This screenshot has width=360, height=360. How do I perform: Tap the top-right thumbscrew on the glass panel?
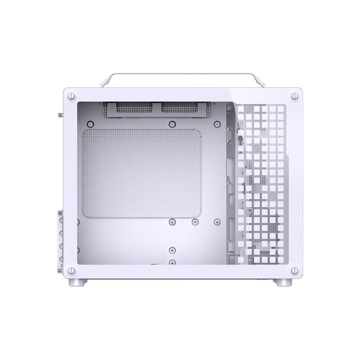294,95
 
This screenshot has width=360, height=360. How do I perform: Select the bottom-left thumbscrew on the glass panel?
71,270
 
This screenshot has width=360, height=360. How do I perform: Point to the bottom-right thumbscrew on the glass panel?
294,270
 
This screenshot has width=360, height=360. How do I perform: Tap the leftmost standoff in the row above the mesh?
91,124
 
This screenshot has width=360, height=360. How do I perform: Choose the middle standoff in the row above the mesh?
171,124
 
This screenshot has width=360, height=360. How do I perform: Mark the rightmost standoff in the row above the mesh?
217,124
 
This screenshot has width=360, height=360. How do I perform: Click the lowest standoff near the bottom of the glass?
171,262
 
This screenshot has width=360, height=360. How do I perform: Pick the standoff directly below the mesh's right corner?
195,221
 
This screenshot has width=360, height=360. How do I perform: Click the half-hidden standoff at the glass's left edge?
78,221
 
